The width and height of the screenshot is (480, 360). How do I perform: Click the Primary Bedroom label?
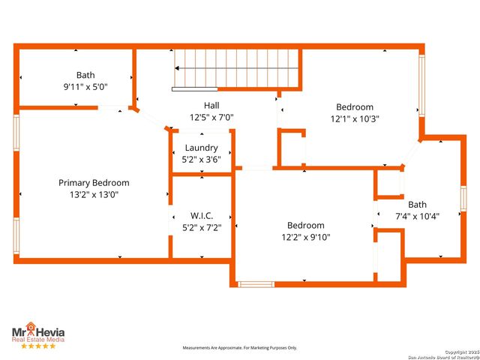click(94, 182)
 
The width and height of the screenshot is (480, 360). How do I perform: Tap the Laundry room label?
click(201, 148)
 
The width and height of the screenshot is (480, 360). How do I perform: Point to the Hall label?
click(211, 106)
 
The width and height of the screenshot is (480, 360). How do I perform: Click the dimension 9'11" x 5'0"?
click(86, 86)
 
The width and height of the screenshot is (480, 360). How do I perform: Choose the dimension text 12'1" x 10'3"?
click(355, 118)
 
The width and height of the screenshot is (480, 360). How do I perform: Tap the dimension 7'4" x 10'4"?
click(417, 216)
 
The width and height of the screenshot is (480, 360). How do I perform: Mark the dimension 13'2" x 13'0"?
click(94, 194)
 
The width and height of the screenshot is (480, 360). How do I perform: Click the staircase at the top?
click(236, 69)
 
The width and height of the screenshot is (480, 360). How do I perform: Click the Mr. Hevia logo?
click(37, 331)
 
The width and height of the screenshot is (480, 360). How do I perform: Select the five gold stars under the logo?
click(37, 346)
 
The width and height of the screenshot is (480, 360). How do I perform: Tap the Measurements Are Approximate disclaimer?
click(240, 348)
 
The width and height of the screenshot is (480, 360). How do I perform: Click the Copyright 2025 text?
click(460, 351)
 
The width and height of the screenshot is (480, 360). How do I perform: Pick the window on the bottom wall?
click(256, 283)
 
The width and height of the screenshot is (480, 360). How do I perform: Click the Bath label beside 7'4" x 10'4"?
click(417, 205)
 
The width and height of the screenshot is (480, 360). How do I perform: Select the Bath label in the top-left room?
click(85, 75)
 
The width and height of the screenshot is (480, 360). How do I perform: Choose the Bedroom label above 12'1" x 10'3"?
click(355, 106)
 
